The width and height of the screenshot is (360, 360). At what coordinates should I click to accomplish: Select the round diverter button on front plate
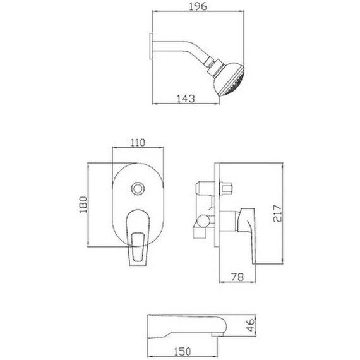coord(137,188)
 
